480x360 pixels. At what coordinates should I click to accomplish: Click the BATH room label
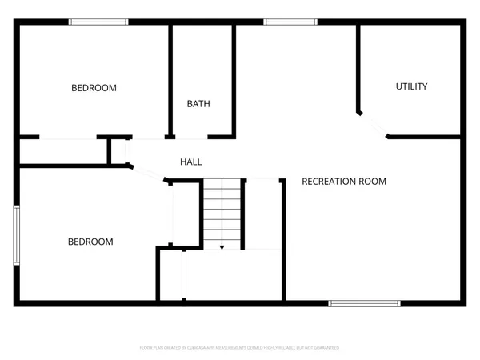198,104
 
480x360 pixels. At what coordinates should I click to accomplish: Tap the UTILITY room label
411,86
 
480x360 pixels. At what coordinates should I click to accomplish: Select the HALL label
190,162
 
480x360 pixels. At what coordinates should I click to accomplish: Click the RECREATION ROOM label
343,182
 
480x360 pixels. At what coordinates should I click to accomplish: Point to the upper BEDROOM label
94,88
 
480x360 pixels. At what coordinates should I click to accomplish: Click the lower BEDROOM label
90,242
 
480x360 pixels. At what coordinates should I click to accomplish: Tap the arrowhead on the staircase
222,246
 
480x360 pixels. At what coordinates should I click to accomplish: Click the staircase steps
222,212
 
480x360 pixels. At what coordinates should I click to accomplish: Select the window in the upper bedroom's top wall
94,22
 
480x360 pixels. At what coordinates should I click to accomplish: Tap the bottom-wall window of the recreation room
364,303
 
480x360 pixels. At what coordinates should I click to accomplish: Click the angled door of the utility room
372,125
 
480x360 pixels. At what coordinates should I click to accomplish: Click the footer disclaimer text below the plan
240,348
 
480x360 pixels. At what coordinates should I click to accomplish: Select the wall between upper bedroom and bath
170,80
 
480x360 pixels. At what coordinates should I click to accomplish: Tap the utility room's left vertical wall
358,68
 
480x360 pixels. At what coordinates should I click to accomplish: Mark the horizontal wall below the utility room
424,137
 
